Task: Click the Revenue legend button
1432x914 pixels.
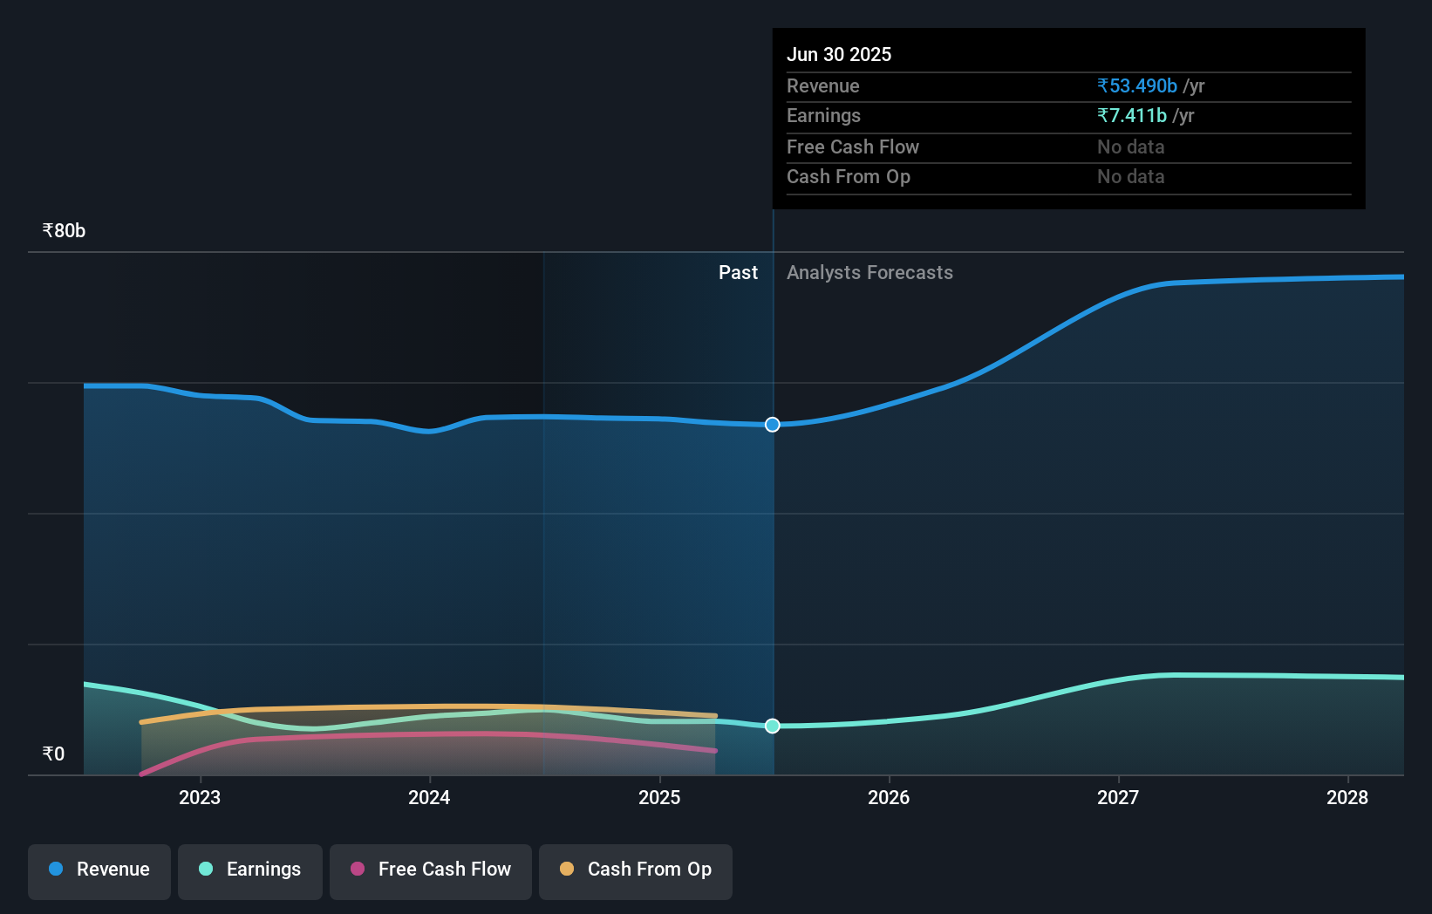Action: pyautogui.click(x=99, y=870)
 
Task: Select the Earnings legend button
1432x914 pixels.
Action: pyautogui.click(x=250, y=870)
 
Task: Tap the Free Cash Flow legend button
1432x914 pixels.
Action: pyautogui.click(x=431, y=870)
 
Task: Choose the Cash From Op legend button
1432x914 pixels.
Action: pyautogui.click(x=636, y=870)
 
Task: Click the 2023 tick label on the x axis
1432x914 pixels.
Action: pyautogui.click(x=200, y=797)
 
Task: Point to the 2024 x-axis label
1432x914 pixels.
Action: pyautogui.click(x=429, y=797)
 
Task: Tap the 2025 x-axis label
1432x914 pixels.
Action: pyautogui.click(x=659, y=797)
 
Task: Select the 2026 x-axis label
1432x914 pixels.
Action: pyautogui.click(x=889, y=797)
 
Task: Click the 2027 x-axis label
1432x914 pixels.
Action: pyautogui.click(x=1118, y=797)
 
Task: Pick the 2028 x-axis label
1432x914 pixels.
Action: pyautogui.click(x=1347, y=797)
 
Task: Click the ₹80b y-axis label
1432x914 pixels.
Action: pyautogui.click(x=64, y=231)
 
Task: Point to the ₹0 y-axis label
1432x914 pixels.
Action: pyautogui.click(x=53, y=754)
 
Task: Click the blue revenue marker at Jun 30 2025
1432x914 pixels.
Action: pyautogui.click(x=773, y=425)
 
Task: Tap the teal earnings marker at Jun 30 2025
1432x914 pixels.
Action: pyautogui.click(x=773, y=726)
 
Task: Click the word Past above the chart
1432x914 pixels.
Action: pyautogui.click(x=738, y=273)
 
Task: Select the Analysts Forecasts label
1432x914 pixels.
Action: pyautogui.click(x=869, y=273)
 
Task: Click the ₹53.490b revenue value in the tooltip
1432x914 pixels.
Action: pyautogui.click(x=1137, y=86)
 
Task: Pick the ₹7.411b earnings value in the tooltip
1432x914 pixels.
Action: pyautogui.click(x=1132, y=116)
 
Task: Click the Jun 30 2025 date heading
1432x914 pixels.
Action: pyautogui.click(x=839, y=55)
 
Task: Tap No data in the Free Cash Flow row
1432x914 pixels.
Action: pyautogui.click(x=1130, y=147)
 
